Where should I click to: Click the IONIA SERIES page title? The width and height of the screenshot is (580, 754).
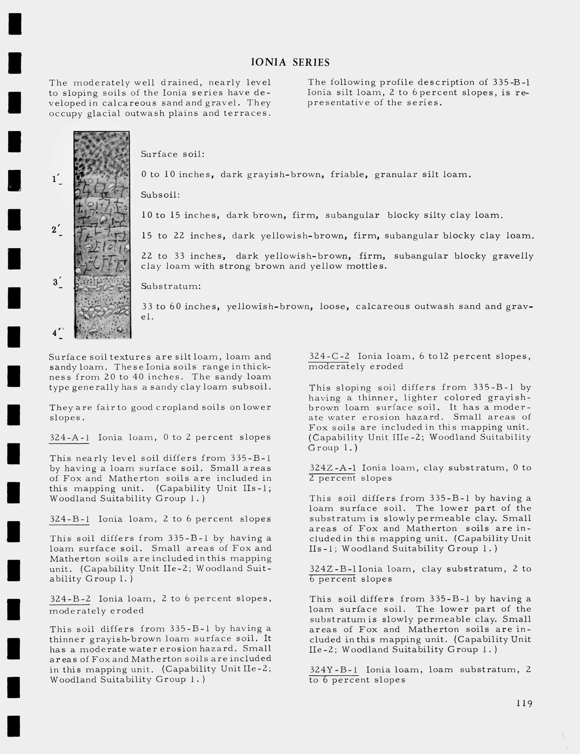click(290, 62)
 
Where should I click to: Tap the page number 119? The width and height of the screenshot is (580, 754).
click(524, 703)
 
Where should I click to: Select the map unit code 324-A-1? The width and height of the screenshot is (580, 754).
click(69, 438)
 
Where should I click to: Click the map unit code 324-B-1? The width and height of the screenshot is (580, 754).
click(69, 519)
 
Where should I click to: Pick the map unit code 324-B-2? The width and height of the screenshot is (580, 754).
click(70, 599)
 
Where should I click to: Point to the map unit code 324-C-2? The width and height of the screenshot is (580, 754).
click(330, 356)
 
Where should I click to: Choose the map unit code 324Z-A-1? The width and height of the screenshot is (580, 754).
click(332, 468)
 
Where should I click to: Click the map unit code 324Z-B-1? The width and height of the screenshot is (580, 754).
click(332, 569)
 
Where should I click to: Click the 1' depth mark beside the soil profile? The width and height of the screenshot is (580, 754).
click(56, 179)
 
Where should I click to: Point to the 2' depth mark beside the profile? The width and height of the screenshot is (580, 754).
click(56, 230)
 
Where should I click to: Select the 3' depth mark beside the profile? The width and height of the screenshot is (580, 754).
click(56, 282)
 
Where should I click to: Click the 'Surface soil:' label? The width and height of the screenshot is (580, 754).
click(173, 154)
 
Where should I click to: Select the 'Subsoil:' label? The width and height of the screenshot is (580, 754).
click(160, 195)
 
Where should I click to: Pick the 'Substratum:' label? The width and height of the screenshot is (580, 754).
click(171, 286)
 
